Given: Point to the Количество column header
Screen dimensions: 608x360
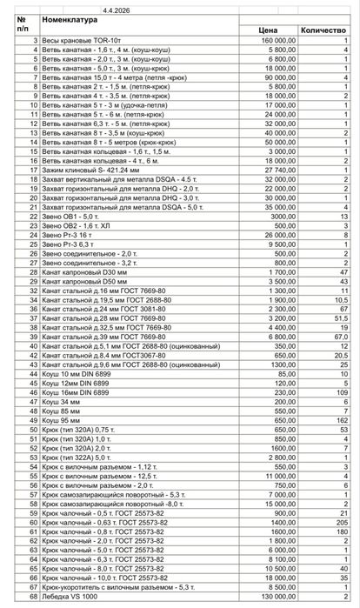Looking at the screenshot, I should pos(323,30).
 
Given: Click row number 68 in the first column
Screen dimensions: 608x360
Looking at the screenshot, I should pos(33,598).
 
